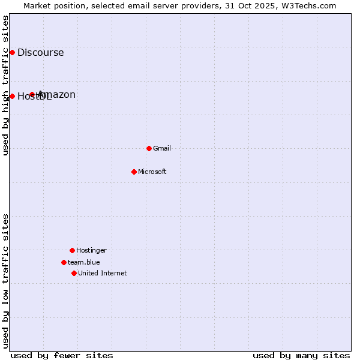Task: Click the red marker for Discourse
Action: [12, 52]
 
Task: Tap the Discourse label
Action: [40, 52]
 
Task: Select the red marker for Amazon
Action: [32, 94]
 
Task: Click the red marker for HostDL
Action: [12, 96]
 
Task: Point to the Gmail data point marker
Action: [149, 148]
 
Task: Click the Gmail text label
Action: [162, 148]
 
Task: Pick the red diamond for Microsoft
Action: [134, 172]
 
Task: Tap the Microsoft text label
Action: [152, 172]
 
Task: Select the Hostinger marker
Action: [72, 250]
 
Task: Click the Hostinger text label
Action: [91, 250]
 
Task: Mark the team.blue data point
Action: [64, 262]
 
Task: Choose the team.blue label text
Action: [84, 262]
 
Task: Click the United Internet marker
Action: [74, 273]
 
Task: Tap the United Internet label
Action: [103, 273]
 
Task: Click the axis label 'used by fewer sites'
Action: [62, 355]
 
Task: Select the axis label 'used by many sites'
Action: [301, 355]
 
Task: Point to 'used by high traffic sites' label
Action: [5, 85]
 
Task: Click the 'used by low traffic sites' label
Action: [5, 281]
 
